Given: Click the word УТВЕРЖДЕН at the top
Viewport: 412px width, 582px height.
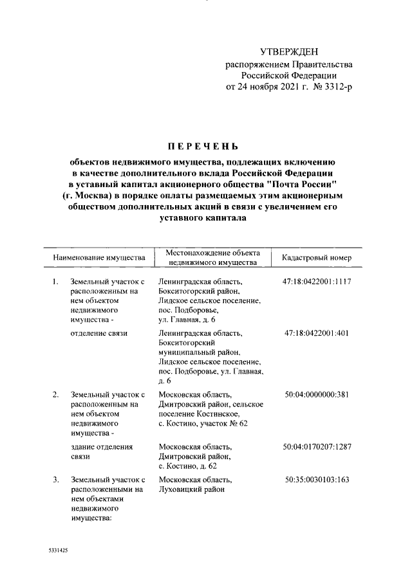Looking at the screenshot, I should point(288,51).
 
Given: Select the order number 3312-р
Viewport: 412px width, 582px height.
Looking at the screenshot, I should point(335,86).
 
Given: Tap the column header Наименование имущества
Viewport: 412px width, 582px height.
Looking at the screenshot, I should point(99,258).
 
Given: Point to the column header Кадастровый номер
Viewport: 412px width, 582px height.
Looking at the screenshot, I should point(317,258).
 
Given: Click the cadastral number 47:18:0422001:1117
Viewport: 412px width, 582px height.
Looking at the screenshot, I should point(316,282).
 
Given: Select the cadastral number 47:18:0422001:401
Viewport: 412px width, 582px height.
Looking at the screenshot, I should point(316,333).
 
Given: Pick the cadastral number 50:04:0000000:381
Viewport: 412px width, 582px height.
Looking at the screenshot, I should point(316,394).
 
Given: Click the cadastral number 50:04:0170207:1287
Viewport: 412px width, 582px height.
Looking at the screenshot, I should point(316,446).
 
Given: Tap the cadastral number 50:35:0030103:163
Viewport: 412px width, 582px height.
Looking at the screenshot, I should point(316,480).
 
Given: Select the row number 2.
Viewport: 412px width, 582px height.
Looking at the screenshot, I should point(56,394).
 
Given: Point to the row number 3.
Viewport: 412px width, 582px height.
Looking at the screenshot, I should point(56,480).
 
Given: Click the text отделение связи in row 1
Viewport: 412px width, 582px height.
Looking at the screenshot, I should point(98,333).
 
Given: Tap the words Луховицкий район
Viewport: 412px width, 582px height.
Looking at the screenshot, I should point(191,489).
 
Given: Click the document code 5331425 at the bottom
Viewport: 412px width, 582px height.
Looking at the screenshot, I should point(59,552).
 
